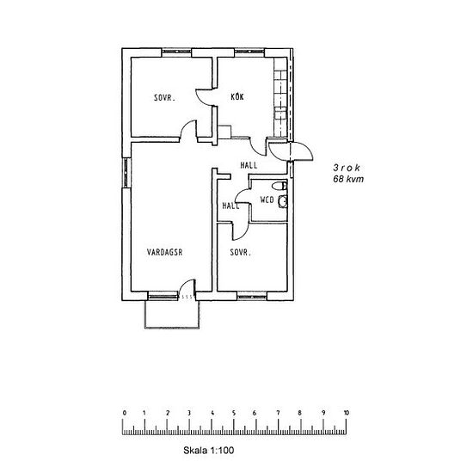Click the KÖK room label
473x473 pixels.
click(x=237, y=97)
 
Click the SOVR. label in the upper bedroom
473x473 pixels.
click(x=165, y=98)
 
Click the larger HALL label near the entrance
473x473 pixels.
click(x=249, y=165)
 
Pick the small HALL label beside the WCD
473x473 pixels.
click(x=230, y=206)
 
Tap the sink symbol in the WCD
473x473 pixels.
click(x=284, y=200)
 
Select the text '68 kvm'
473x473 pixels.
click(x=348, y=182)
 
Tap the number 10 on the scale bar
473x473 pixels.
click(x=346, y=414)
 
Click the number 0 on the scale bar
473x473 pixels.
click(x=125, y=414)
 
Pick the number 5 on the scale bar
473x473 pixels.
click(x=235, y=414)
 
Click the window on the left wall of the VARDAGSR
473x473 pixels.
click(x=127, y=176)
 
